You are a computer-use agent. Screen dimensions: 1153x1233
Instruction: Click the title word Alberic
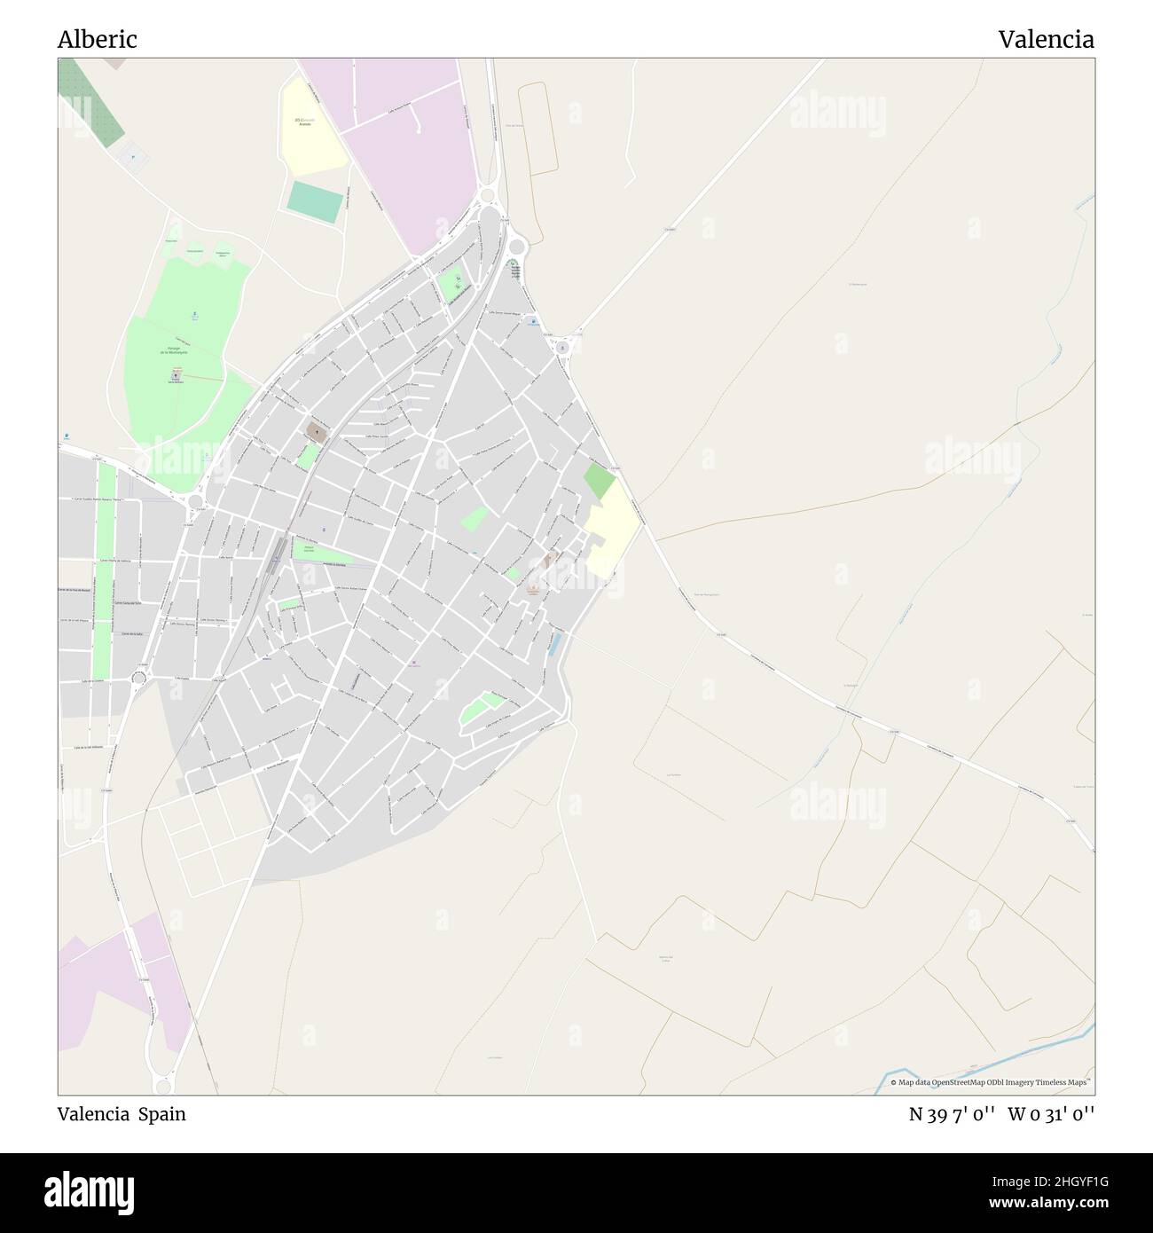97,40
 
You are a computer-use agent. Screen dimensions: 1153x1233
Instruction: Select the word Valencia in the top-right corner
1046,40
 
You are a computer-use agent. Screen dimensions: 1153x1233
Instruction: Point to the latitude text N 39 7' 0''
954,1114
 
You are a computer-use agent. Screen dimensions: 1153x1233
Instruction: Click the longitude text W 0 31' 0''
1051,1114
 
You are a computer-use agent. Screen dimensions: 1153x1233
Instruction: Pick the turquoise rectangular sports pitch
315,202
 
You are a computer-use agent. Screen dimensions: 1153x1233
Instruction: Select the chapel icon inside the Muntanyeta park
176,376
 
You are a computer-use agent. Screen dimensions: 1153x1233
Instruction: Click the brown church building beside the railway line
316,432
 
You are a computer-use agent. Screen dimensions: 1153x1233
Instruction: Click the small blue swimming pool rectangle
555,644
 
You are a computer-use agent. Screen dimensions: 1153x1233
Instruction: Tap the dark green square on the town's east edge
599,481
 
